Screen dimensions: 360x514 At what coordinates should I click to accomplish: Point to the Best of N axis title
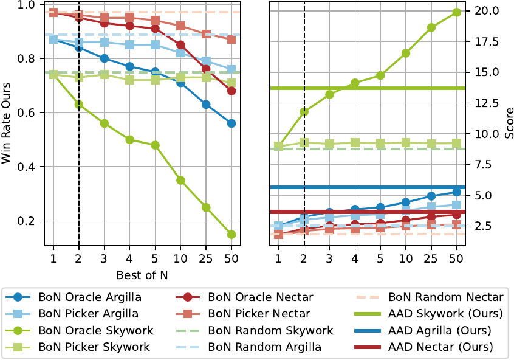143,275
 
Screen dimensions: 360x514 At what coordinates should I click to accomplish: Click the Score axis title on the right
507,123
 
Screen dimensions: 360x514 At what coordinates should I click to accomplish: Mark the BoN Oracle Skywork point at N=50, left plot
231,235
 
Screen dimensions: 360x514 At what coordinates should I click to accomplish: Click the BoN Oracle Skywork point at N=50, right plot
456,12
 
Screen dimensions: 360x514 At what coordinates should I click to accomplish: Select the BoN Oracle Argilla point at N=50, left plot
231,123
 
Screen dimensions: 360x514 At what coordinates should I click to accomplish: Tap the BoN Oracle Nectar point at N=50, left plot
231,91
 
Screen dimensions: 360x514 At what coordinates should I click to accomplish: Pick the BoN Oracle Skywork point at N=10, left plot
180,181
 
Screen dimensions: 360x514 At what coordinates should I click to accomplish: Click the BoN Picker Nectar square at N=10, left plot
180,26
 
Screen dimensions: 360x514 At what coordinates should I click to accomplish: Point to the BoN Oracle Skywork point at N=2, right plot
304,112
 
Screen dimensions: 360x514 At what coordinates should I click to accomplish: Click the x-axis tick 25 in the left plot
206,260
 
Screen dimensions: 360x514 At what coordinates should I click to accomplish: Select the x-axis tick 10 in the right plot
405,260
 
